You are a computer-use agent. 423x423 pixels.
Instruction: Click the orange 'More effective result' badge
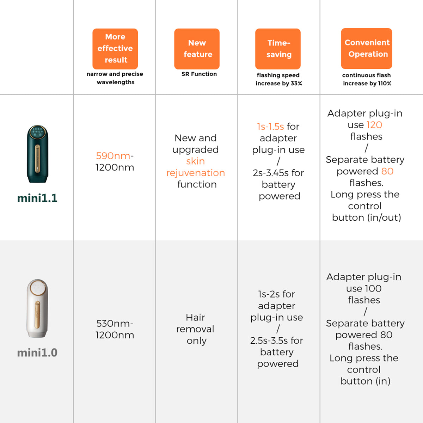pyautogui.click(x=115, y=49)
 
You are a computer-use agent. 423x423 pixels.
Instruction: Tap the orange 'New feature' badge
pyautogui.click(x=197, y=49)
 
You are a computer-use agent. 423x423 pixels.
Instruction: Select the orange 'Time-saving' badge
pyautogui.click(x=278, y=49)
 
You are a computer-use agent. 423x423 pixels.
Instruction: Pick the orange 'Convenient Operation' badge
pyautogui.click(x=367, y=48)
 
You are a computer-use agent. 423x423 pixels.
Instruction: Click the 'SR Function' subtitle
pyautogui.click(x=199, y=74)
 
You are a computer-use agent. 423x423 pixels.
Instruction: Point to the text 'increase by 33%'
pyautogui.click(x=279, y=84)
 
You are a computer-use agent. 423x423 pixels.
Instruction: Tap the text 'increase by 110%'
pyautogui.click(x=367, y=84)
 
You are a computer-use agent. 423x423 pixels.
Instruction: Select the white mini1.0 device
pyautogui.click(x=37, y=308)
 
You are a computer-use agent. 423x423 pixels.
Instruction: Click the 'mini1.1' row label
pyautogui.click(x=37, y=198)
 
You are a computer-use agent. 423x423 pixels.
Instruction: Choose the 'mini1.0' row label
pyautogui.click(x=37, y=352)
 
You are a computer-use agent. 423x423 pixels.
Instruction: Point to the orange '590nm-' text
pyautogui.click(x=115, y=156)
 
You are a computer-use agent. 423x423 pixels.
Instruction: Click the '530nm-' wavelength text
pyautogui.click(x=115, y=324)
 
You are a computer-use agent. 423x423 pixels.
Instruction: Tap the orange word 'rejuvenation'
pyautogui.click(x=196, y=173)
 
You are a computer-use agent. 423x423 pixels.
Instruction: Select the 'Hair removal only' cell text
pyautogui.click(x=195, y=329)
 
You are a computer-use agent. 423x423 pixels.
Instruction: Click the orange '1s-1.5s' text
pyautogui.click(x=270, y=127)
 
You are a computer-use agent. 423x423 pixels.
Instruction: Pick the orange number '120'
pyautogui.click(x=374, y=125)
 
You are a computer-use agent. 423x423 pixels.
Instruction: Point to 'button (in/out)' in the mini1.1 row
pyautogui.click(x=367, y=217)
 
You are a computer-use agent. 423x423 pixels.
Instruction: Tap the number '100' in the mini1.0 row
pyautogui.click(x=373, y=288)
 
